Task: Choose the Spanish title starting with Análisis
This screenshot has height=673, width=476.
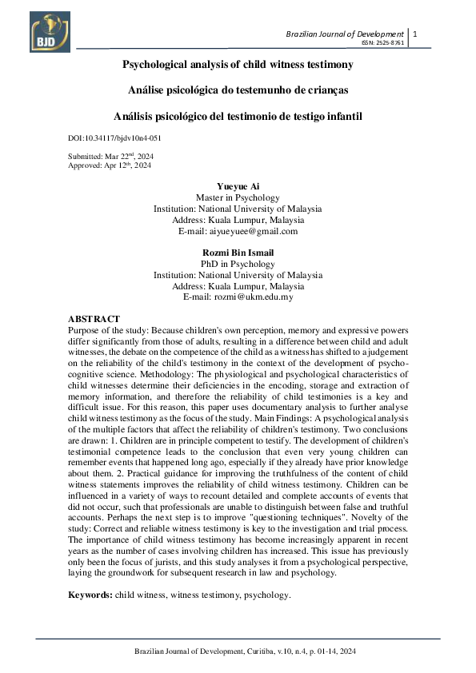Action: [x=238, y=116]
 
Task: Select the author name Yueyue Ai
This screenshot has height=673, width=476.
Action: [x=238, y=186]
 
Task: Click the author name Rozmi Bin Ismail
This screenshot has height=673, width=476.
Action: [x=238, y=253]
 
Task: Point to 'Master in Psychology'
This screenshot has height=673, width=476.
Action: [x=238, y=197]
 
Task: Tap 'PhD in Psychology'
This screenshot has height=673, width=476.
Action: [x=238, y=264]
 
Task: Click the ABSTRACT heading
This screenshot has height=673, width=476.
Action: [x=94, y=319]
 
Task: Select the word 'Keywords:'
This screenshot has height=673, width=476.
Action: [x=89, y=595]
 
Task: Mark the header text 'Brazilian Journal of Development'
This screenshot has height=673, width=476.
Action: [x=345, y=34]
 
